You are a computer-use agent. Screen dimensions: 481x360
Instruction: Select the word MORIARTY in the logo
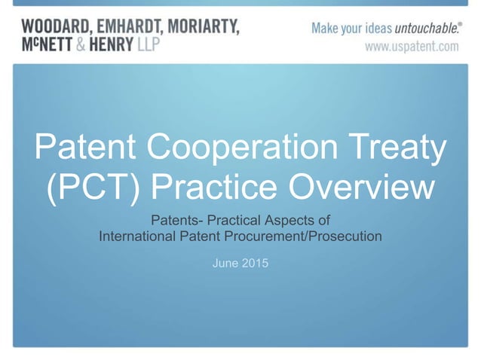point(204,26)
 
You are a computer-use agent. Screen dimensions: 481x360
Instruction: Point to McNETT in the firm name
point(47,44)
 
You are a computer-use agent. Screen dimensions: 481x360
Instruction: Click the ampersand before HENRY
point(81,44)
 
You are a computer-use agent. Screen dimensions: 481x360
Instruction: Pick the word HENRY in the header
point(112,44)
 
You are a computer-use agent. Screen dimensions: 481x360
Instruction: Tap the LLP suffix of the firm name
point(149,44)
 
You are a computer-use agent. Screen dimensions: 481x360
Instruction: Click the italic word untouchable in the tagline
point(427,28)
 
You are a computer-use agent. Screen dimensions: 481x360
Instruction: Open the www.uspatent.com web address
point(412,47)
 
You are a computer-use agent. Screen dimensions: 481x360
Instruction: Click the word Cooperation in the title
point(242,146)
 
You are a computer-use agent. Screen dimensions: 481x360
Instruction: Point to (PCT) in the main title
point(93,187)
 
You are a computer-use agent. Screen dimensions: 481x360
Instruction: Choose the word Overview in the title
point(362,186)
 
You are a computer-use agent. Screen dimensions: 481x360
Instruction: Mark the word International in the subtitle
point(137,236)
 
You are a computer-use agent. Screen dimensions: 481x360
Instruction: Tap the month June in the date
point(225,263)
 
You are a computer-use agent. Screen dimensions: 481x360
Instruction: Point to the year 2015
point(255,263)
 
